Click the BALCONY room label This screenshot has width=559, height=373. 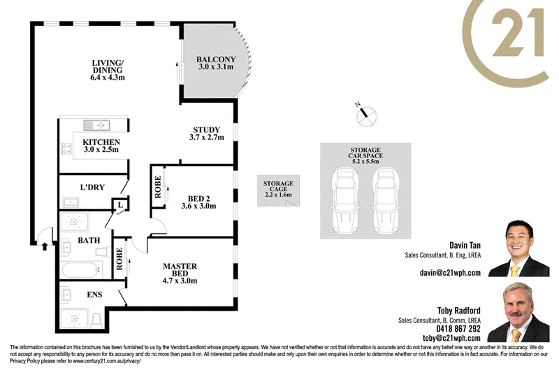point(216,59)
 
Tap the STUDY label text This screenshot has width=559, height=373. point(206,129)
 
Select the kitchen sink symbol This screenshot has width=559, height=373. point(96,125)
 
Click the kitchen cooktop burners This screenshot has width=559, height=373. point(66,148)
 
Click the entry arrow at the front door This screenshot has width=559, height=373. point(45,246)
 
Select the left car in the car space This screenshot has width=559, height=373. point(345,201)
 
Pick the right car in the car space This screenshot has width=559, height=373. point(386,201)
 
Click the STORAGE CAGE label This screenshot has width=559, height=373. point(278,186)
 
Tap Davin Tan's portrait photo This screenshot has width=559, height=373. point(518,248)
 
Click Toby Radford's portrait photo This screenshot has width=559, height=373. point(518,312)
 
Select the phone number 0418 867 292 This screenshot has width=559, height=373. point(458,329)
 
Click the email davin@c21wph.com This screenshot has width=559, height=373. point(450,273)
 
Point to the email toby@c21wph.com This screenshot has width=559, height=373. point(451,338)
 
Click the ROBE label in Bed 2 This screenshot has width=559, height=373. point(158,187)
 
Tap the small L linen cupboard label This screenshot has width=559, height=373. point(120,205)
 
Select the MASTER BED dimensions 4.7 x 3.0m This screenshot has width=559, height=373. point(180,281)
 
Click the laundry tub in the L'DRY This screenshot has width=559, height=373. point(71,202)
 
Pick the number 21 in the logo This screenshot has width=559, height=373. point(518,32)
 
